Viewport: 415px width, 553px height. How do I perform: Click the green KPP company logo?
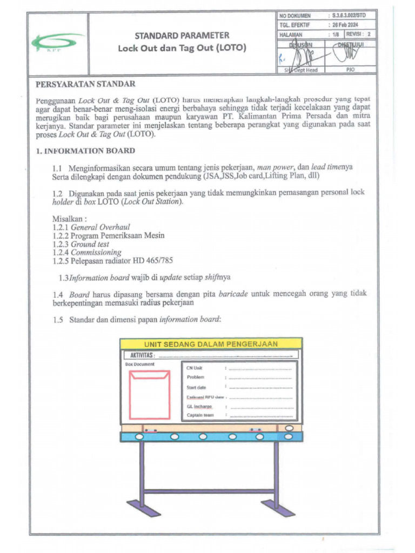pos(57,42)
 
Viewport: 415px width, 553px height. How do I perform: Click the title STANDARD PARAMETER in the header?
pos(182,36)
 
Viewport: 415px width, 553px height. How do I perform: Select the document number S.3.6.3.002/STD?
pos(349,16)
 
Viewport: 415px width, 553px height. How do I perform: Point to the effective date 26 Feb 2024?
pos(346,25)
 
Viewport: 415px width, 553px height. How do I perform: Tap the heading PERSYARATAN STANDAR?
pos(85,84)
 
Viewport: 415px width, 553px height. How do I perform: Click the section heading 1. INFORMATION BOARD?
pos(85,151)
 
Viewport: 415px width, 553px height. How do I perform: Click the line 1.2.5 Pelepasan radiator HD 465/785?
pos(112,260)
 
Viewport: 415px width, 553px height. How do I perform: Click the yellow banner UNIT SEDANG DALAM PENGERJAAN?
pos(211,343)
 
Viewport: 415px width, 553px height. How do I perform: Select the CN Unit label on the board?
pos(195,368)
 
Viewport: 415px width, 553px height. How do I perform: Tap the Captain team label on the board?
pos(200,415)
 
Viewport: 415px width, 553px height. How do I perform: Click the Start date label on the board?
pos(196,387)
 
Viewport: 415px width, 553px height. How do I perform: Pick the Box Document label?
pos(139,365)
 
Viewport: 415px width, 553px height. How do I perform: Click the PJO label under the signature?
pos(350,70)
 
